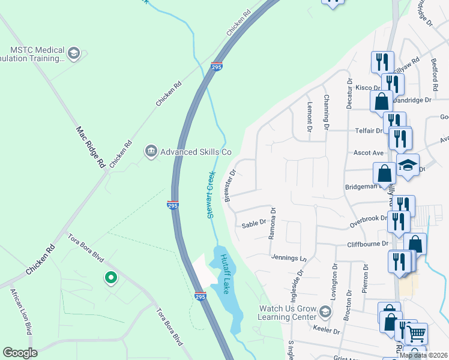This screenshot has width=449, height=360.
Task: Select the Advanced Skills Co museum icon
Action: coord(151,152)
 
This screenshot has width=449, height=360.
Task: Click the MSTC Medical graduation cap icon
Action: coord(74,54)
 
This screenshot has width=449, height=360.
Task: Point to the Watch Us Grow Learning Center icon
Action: coord(325,312)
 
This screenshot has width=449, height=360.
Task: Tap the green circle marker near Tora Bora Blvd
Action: coord(110,278)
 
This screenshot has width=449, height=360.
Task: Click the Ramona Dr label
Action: coord(272,223)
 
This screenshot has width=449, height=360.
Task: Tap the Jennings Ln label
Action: coord(289,258)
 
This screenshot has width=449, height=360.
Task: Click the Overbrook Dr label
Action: coord(368,221)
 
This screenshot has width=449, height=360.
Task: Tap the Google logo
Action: coord(20,352)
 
